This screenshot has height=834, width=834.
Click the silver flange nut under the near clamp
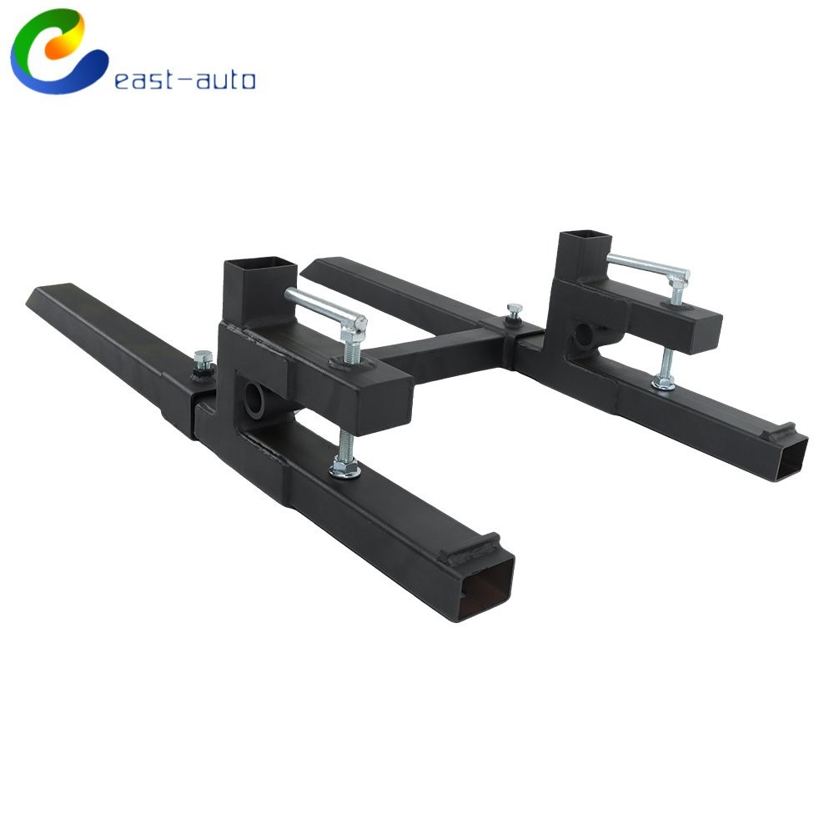click(344, 467)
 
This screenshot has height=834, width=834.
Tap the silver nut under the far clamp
click(664, 381)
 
